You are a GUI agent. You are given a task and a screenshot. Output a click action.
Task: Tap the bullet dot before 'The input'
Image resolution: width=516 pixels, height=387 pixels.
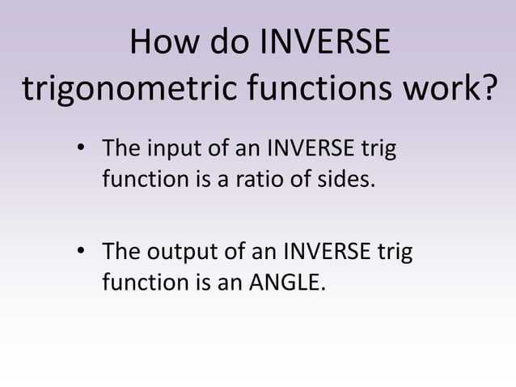[x=81, y=151]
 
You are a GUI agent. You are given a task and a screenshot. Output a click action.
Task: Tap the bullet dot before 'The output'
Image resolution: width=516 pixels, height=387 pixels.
[x=81, y=253]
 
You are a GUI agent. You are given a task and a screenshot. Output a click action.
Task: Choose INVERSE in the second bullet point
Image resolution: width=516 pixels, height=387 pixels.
[x=328, y=253]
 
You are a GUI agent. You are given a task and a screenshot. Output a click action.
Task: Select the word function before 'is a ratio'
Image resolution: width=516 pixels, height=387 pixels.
[x=139, y=178]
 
